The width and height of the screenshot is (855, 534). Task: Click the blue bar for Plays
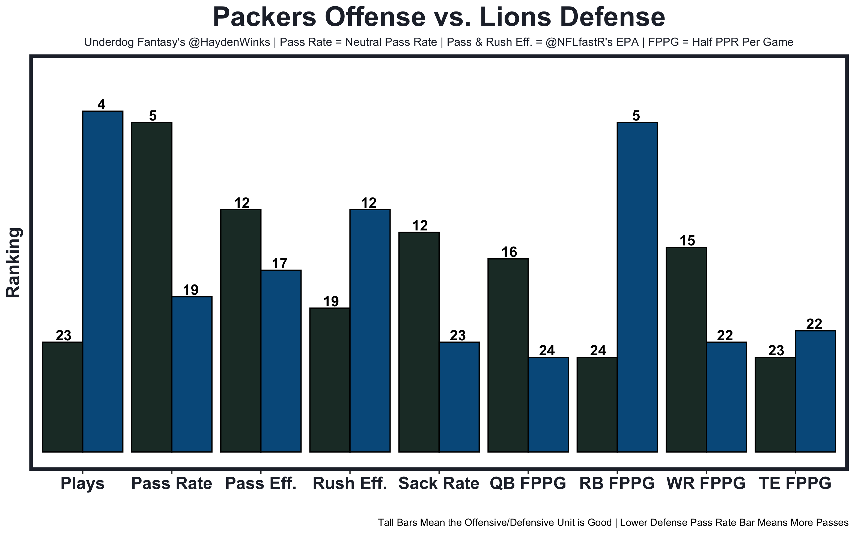point(102,281)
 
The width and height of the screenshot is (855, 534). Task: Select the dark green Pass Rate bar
point(151,287)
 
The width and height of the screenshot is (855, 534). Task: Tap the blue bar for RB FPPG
point(637,287)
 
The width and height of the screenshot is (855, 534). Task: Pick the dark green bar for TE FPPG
point(775,404)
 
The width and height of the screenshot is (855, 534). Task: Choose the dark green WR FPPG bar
point(686,349)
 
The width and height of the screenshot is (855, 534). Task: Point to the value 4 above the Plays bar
point(102,105)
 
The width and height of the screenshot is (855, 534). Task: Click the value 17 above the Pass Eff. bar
point(280,264)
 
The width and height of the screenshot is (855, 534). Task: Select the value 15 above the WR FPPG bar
point(687,241)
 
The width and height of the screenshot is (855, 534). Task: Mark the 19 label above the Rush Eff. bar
point(331,302)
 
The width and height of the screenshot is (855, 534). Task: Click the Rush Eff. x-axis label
point(350,484)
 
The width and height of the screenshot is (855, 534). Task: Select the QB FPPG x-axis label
point(528,484)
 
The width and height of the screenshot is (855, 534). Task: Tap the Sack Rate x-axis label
point(439,484)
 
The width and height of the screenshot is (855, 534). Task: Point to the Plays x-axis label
point(82,484)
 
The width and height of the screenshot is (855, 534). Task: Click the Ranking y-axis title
point(14,262)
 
